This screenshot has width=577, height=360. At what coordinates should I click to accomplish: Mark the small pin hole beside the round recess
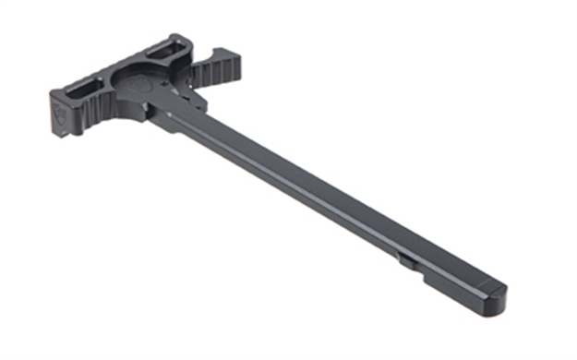[164, 85]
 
